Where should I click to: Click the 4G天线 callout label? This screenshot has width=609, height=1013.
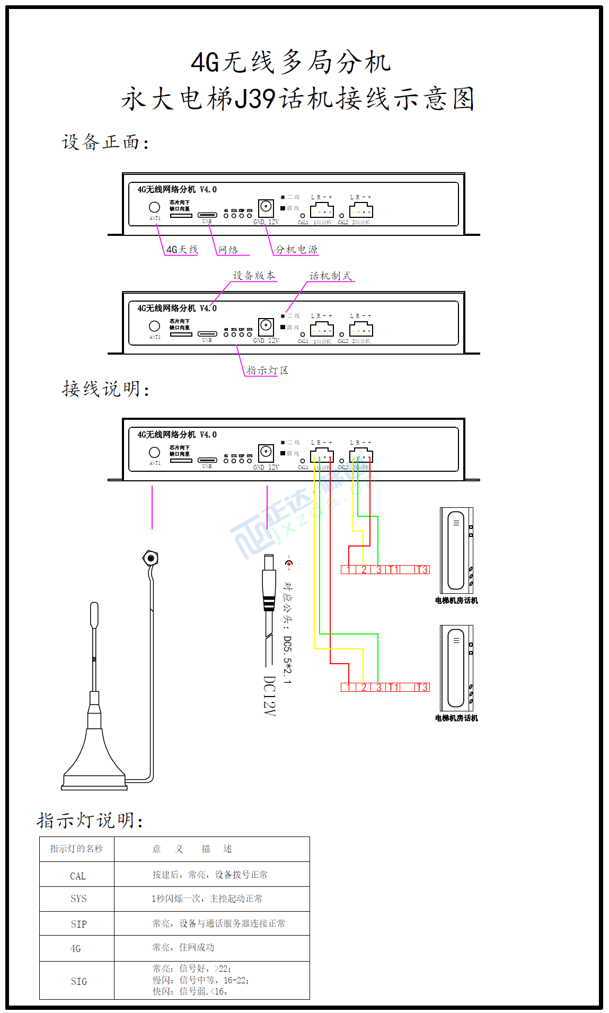182,250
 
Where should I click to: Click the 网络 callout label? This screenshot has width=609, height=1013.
228,250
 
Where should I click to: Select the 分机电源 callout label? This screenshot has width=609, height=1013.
296,250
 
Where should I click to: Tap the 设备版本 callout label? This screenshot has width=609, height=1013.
254,276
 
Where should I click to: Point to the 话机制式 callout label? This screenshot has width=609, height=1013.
330,276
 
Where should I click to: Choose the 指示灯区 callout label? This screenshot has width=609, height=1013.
267,371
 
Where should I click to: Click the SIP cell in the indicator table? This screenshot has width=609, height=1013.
78,924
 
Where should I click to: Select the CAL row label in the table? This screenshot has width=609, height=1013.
78,876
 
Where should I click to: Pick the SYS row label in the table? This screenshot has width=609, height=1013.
78,899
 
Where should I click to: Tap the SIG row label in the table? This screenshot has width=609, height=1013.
78,981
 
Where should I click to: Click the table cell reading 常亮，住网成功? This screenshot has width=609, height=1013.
183,947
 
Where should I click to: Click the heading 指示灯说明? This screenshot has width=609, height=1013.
90,820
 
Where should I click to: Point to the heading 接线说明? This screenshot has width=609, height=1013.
105,389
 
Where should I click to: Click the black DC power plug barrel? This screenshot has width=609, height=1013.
269,583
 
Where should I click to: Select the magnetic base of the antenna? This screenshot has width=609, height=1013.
94,763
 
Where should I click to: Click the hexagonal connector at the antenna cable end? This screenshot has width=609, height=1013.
151,558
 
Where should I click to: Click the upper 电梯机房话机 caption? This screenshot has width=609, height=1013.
456,601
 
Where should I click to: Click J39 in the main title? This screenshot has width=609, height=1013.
254,99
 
